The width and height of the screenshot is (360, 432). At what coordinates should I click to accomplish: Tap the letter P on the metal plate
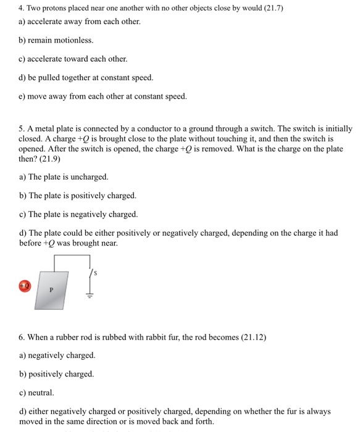(x=52, y=289)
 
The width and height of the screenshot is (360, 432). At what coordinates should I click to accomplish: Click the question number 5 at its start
(x=22, y=129)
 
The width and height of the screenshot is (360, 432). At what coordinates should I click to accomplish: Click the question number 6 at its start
(x=22, y=338)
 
